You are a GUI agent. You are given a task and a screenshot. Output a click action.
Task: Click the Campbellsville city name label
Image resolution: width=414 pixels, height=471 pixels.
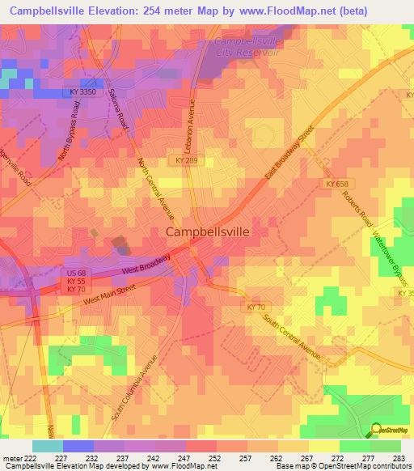(208, 231)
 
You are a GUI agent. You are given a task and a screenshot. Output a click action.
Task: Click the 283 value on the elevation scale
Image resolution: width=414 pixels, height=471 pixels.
(396, 457)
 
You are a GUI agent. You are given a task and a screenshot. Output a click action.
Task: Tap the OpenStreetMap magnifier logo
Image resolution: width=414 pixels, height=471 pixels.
(376, 429)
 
